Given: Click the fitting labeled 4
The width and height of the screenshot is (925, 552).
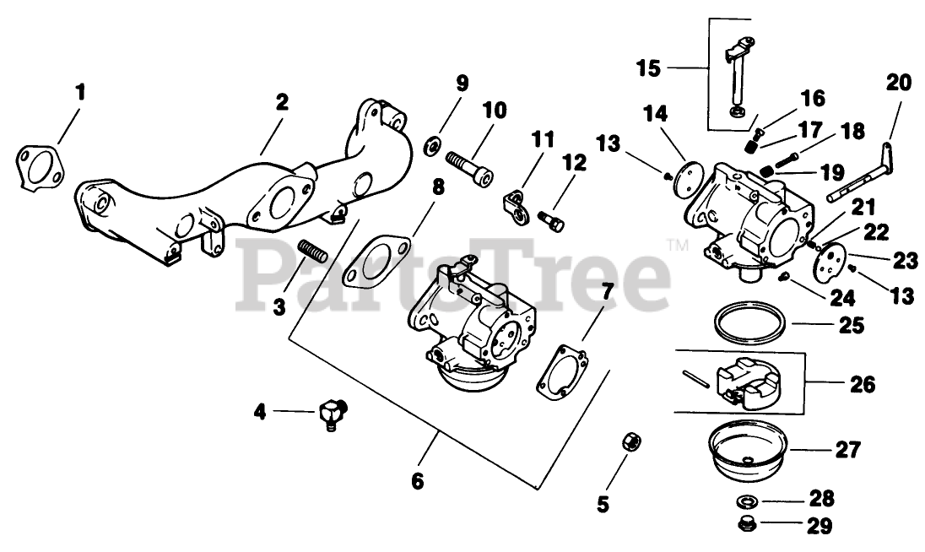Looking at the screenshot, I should coord(331,414).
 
